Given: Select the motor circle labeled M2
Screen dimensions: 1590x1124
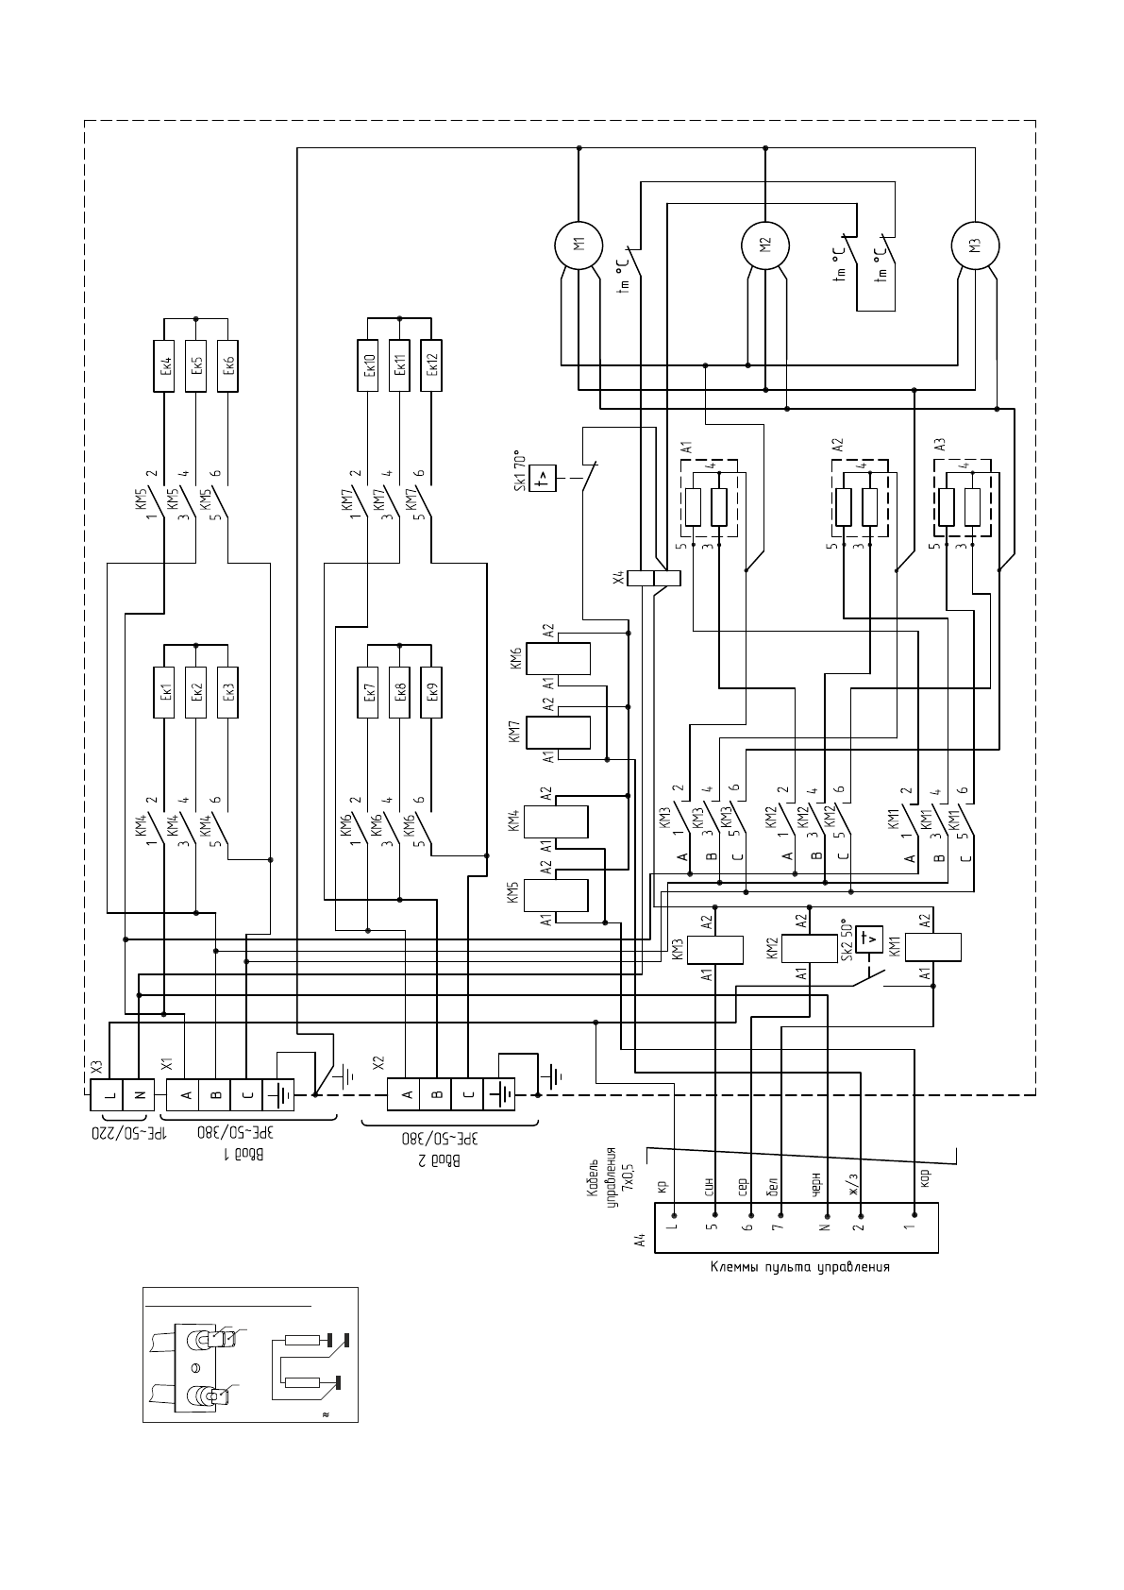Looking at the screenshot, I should pyautogui.click(x=765, y=243).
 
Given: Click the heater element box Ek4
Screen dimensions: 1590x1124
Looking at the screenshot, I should pyautogui.click(x=165, y=365).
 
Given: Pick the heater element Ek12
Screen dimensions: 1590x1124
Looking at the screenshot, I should pyautogui.click(x=431, y=364).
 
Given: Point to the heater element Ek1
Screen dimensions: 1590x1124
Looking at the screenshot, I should pyautogui.click(x=165, y=692).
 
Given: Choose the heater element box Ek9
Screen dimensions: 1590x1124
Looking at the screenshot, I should pyautogui.click(x=431, y=692).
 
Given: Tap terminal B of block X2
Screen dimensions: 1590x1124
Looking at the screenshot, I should pyautogui.click(x=437, y=1095).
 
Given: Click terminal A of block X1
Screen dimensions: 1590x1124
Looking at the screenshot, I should pyautogui.click(x=185, y=1095).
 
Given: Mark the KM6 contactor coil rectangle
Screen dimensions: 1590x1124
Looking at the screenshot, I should pyautogui.click(x=558, y=658).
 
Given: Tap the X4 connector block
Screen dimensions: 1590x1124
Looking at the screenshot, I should pyautogui.click(x=653, y=578).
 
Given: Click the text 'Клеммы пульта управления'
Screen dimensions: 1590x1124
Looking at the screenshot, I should pyautogui.click(x=799, y=1267).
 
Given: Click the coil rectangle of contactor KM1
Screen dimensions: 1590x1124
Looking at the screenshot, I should pyautogui.click(x=933, y=947).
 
